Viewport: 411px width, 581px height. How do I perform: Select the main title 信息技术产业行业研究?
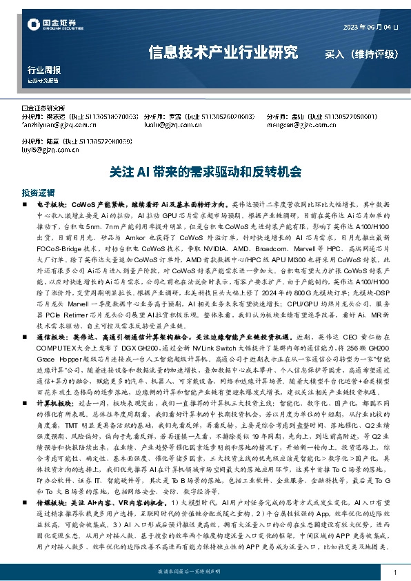coord(223,52)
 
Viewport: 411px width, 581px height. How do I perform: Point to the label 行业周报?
coord(44,70)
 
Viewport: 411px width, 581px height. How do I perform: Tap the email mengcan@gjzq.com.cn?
coord(297,126)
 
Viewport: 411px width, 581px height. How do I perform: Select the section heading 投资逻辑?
coord(38,193)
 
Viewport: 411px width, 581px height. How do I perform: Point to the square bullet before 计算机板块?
coord(26,420)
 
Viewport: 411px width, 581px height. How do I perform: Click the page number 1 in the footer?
coord(394,572)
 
